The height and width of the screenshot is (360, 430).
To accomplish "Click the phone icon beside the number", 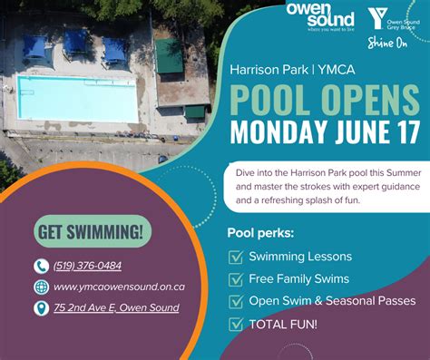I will point(41,266).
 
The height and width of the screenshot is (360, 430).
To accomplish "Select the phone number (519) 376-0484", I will point(87,266).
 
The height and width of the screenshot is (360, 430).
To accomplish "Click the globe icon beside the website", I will point(41,287).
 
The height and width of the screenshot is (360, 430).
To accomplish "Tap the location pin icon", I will point(41,308).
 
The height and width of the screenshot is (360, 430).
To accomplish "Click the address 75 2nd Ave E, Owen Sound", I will point(116,308).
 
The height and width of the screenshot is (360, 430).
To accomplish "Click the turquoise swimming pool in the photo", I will point(76,97).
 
